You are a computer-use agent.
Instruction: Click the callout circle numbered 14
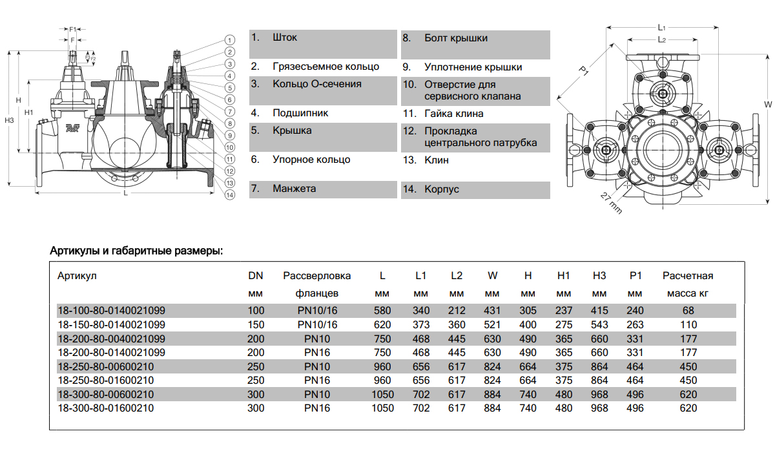[229, 197]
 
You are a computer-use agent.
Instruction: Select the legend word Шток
[285, 38]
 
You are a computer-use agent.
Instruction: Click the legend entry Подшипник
[300, 113]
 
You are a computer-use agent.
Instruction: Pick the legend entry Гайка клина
[454, 114]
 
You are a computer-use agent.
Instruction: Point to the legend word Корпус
[442, 190]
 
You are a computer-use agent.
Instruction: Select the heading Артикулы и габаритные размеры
[136, 250]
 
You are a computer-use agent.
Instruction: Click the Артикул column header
[77, 276]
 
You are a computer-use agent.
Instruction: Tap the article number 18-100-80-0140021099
[112, 310]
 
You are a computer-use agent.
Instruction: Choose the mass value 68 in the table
[688, 310]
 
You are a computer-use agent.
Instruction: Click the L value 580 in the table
[382, 310]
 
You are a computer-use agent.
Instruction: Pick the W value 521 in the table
[492, 324]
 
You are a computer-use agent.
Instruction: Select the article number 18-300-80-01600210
[106, 408]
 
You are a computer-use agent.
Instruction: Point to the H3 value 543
[599, 324]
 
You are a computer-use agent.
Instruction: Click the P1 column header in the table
[635, 276]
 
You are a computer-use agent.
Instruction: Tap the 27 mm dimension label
[610, 204]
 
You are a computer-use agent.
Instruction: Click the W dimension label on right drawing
[768, 104]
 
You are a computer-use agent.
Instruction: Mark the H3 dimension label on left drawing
[8, 120]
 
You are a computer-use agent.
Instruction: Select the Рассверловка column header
[317, 276]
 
